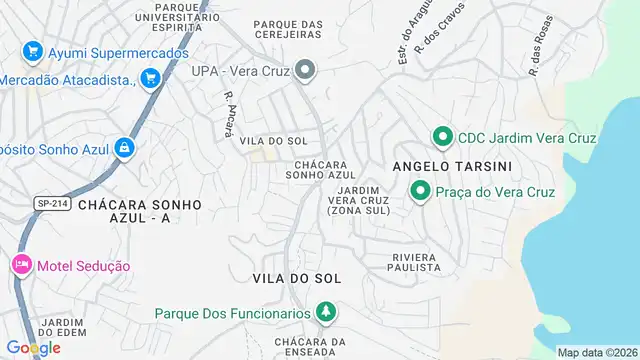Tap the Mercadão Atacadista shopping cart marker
click(x=151, y=77)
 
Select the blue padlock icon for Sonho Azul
click(x=124, y=148)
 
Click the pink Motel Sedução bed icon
click(x=20, y=265)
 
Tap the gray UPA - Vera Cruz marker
click(x=306, y=70)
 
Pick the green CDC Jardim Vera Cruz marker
click(x=440, y=136)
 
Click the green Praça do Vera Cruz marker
click(x=421, y=191)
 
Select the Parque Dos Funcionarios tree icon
click(x=325, y=313)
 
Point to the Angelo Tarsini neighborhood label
click(x=438, y=165)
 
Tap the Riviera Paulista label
click(x=415, y=261)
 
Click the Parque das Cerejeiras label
click(x=287, y=28)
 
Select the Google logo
click(x=33, y=347)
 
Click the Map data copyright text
click(x=597, y=352)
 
